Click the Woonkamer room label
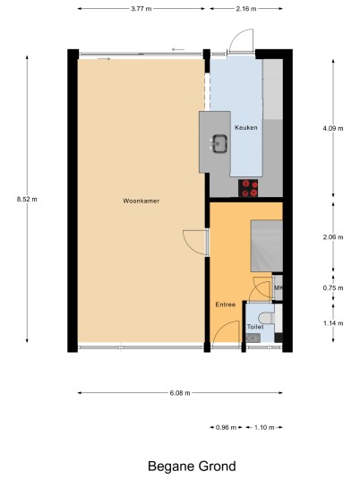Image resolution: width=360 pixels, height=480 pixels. pos(141,201)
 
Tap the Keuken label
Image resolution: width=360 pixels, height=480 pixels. pos(245,128)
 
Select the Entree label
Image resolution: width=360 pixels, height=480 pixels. pos(226,304)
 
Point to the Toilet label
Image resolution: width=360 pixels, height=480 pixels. pos(255,327)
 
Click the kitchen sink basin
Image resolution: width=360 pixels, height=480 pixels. pos(219,143)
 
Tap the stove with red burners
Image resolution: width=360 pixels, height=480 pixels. pos(248,188)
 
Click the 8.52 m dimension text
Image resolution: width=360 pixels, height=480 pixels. pos(27,200)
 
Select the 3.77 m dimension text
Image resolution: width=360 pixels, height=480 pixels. pos(141,9)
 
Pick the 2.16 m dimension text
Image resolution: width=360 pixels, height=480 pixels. pos(246,9)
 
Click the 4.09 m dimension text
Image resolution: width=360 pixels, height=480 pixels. pos(333,129)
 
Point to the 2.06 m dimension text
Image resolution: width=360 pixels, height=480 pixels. pos(333,237)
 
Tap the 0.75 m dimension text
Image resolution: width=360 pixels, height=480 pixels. pos(333,288)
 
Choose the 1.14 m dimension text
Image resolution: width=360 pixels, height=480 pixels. pos(333,323)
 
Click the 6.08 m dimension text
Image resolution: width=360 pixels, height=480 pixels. pos(180,393)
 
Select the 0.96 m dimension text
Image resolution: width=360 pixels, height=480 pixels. pos(227,427)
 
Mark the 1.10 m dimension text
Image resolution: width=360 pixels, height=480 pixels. pos(264,427)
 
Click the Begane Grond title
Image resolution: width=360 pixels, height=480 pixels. pos(192,467)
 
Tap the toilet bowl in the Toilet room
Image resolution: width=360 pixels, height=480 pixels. pos(265,318)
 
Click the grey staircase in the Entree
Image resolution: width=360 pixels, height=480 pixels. pos(267,245)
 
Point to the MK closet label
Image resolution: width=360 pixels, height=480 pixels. pos(279,288)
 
